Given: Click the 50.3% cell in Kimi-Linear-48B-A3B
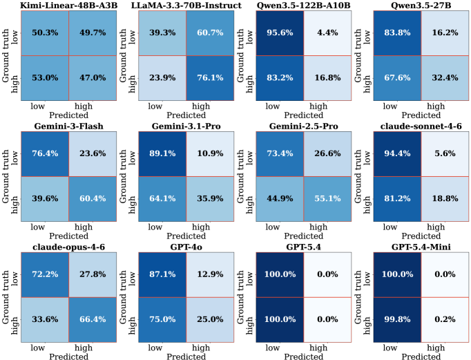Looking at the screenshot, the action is [45, 33].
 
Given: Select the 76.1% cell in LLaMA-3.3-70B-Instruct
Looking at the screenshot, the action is [210, 78].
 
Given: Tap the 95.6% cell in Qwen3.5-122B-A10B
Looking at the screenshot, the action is [280, 33].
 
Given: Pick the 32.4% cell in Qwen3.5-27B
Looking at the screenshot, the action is [445, 78].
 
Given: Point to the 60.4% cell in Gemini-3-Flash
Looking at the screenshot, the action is [93, 199].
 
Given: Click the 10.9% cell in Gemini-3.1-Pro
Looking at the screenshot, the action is [210, 154].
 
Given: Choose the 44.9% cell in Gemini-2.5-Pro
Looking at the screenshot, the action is [280, 199].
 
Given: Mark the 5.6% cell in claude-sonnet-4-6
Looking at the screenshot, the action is [445, 154].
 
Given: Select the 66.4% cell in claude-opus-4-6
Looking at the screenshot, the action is [93, 320].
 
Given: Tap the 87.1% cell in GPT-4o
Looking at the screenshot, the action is [162, 274].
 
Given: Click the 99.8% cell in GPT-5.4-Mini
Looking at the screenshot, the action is [397, 320].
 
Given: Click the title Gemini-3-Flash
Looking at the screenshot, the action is [69, 126].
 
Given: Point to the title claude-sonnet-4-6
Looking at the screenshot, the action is [421, 126].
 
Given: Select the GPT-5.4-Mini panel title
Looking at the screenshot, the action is [421, 247].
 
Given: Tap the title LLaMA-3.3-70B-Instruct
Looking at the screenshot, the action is [186, 6].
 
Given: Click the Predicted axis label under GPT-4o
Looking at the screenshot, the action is [186, 357].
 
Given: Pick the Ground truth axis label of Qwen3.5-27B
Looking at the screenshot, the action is [358, 55].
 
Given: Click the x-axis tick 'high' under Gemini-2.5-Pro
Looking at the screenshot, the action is [318, 227].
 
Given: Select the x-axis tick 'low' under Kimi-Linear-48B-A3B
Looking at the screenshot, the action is [37, 106].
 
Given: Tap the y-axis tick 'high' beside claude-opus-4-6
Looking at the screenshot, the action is [14, 325].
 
